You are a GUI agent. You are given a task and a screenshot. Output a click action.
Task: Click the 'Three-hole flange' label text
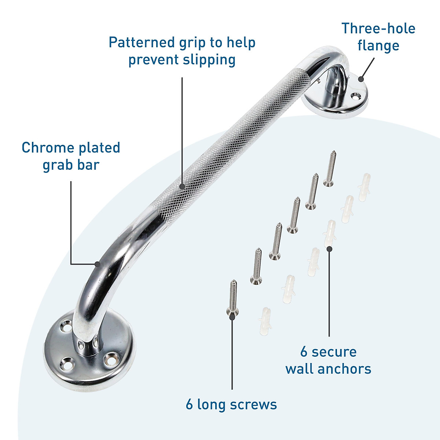378,37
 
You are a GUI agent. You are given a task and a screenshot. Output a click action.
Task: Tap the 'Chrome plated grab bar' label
71,156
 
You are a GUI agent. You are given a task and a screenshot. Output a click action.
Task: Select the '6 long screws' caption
231,404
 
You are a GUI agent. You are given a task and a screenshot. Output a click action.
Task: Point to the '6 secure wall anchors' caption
329,360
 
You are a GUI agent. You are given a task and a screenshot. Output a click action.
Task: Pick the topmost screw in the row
330,168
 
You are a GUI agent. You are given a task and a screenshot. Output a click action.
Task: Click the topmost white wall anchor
364,187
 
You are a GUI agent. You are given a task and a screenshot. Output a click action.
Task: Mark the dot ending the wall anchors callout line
329,249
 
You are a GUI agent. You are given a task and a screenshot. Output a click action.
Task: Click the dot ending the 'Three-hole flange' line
361,78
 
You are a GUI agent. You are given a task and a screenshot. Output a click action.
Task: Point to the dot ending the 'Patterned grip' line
182,186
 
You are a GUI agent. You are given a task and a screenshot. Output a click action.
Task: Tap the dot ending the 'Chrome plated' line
97,264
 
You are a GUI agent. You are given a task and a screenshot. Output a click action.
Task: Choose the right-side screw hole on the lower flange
110,357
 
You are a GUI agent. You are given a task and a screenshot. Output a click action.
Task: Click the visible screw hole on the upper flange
355,96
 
